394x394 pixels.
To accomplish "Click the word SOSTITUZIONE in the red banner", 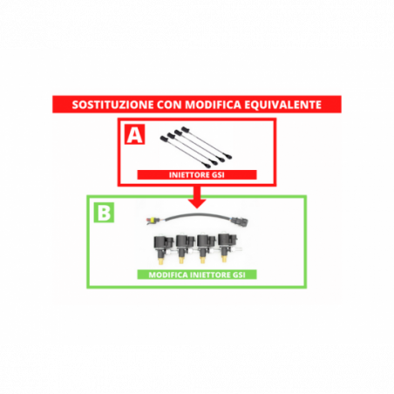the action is (x=112, y=105).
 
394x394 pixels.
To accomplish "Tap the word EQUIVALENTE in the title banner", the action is (x=282, y=105).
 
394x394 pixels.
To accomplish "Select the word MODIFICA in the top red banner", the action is (x=214, y=105).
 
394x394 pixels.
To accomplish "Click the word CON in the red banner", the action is (x=169, y=105).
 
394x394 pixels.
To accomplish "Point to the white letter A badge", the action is (x=134, y=134).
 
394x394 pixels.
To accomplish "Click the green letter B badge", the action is (x=104, y=213).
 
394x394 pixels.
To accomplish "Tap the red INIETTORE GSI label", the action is (x=197, y=175).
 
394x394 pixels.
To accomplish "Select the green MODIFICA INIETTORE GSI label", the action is (x=197, y=275).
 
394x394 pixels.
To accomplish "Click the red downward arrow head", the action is (x=197, y=203).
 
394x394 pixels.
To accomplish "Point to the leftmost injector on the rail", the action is (x=163, y=249).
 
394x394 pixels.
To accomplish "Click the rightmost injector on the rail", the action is (x=228, y=247).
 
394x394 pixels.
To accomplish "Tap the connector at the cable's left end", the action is (x=151, y=221).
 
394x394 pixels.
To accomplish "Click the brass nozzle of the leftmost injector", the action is (x=160, y=261).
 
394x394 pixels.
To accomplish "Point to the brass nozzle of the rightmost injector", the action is (x=224, y=258).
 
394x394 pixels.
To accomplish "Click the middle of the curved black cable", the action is (x=197, y=215).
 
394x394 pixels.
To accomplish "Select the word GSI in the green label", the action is (x=239, y=275).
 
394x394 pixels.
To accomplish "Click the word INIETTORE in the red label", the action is (x=189, y=175).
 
